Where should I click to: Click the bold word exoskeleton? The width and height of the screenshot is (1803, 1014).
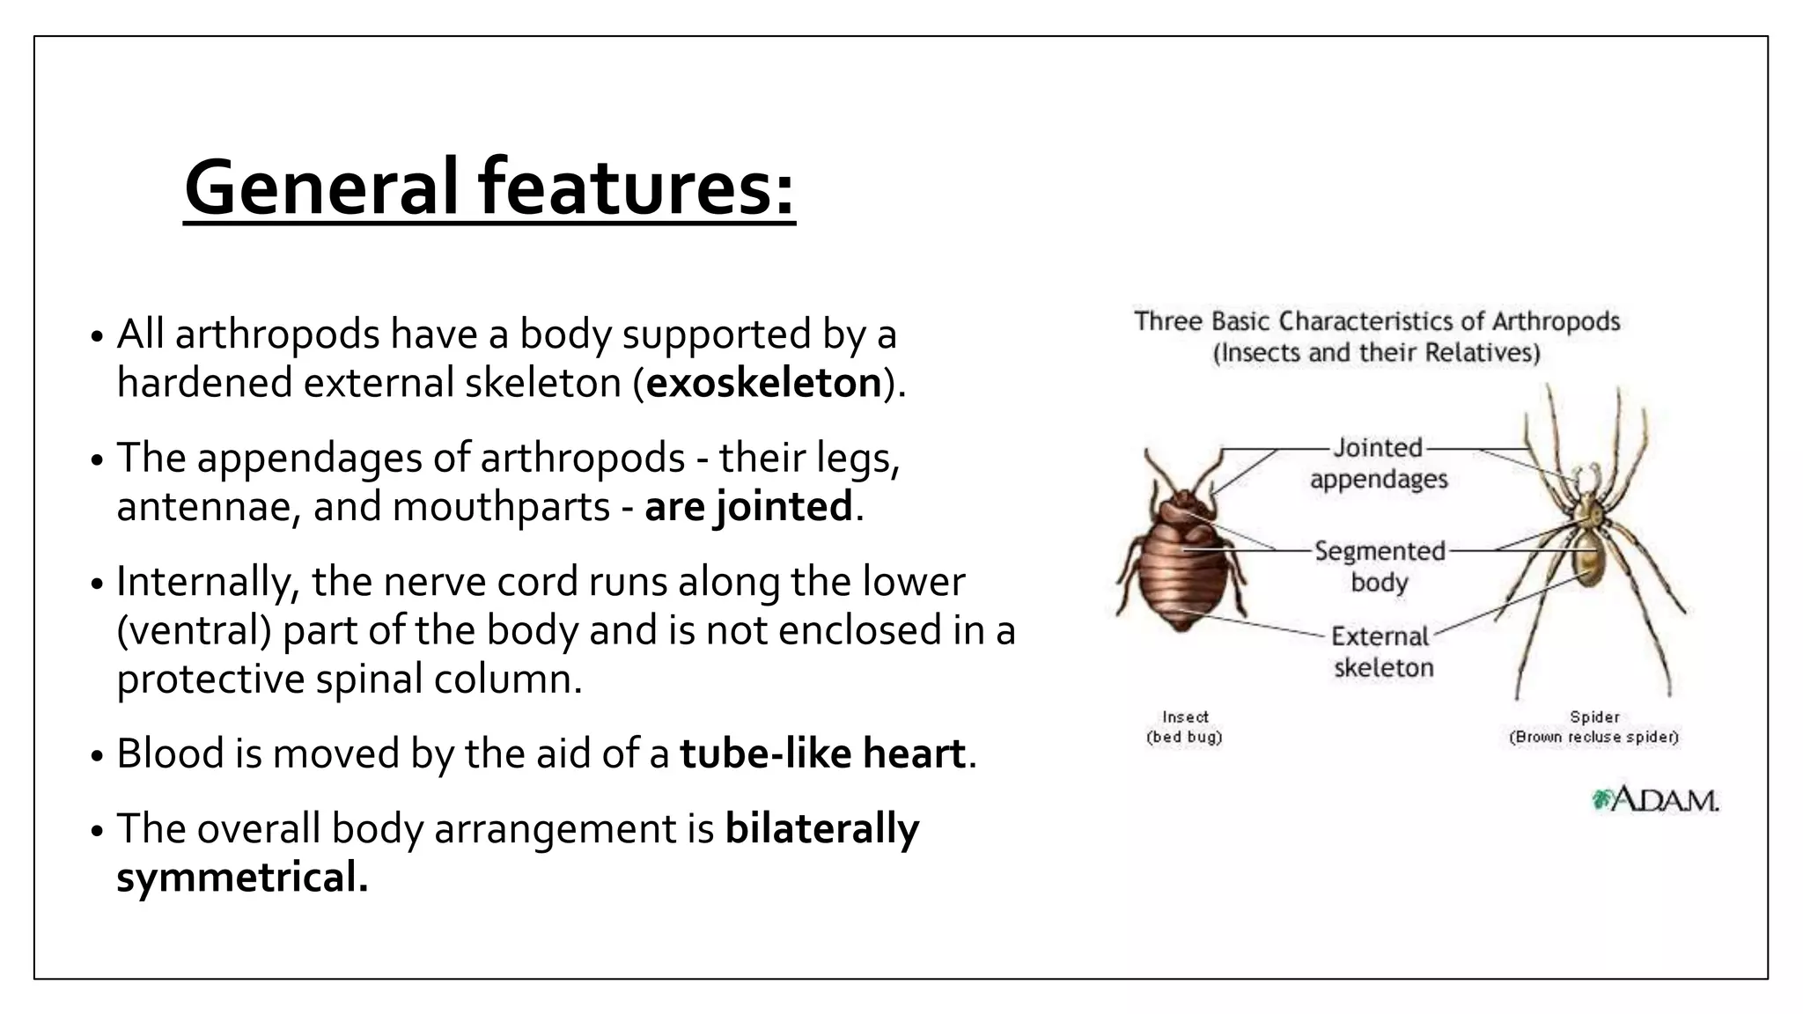[x=763, y=383]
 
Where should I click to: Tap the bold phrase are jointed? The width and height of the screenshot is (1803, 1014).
[x=747, y=507]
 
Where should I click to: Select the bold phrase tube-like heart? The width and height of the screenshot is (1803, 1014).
[x=822, y=753]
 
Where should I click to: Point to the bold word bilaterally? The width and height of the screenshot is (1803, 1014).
[x=821, y=828]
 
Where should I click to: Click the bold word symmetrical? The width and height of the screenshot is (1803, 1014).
[x=242, y=878]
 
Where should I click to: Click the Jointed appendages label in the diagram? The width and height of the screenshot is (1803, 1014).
[x=1379, y=463]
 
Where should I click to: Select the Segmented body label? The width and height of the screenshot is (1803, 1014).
[x=1380, y=566]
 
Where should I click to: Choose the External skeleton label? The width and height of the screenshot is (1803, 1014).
[x=1382, y=651]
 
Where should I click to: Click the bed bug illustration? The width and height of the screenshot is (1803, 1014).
[x=1181, y=563]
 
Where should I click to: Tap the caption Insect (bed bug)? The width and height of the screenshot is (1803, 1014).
[x=1184, y=727]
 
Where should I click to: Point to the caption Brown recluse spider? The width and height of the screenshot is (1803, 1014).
[x=1593, y=737]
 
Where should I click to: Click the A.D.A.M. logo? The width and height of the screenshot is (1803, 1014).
[x=1655, y=800]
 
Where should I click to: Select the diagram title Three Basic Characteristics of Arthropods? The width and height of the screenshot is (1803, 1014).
[x=1377, y=321]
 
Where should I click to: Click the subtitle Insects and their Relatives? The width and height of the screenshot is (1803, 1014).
[x=1377, y=353]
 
